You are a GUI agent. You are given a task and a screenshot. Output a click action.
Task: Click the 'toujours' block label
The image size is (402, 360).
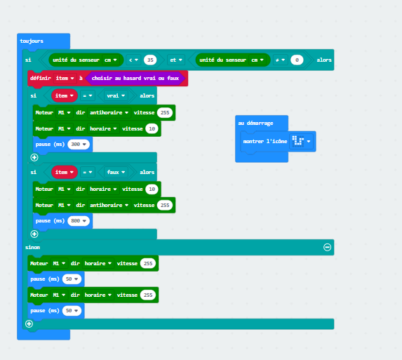coord(32,41)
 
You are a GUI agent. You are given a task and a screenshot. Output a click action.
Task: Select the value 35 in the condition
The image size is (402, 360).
coord(150,60)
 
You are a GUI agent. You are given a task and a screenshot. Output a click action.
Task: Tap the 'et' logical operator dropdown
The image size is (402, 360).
coord(176,60)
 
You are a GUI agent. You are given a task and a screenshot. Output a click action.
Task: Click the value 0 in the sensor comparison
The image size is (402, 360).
coord(297,60)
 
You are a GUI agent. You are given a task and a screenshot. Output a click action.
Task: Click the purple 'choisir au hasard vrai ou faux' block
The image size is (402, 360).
coord(135,78)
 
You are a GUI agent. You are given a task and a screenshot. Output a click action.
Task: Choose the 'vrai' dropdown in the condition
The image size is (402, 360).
coord(116,95)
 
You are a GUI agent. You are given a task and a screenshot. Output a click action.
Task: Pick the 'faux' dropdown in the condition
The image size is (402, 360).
coord(116,172)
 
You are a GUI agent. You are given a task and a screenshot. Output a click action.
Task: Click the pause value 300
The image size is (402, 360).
coord(79,144)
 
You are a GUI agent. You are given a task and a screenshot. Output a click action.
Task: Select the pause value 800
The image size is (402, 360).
coord(79,221)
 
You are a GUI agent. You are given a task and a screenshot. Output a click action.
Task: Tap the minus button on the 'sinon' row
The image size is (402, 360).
coord(328,247)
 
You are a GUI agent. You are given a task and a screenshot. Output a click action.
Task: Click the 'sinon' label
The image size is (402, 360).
coord(32,247)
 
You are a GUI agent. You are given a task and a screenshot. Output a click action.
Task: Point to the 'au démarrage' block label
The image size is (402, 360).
coord(255,123)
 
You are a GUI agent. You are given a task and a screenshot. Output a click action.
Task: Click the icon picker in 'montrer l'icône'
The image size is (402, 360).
coord(301,141)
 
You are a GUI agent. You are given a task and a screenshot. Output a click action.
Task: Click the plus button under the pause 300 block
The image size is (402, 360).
coord(34,157)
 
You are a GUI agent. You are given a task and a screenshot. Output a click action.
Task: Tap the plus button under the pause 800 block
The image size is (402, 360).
coord(34,234)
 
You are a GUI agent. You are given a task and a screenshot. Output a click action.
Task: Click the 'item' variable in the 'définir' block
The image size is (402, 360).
coord(65,78)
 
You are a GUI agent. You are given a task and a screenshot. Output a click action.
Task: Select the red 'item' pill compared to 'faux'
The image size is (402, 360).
coord(65,172)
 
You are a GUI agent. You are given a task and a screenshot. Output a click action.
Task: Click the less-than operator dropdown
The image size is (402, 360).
coord(133,60)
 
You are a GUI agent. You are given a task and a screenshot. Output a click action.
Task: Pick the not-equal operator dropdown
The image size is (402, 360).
coord(280,60)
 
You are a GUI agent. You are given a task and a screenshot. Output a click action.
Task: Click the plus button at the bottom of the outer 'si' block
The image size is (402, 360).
coord(29,324)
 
